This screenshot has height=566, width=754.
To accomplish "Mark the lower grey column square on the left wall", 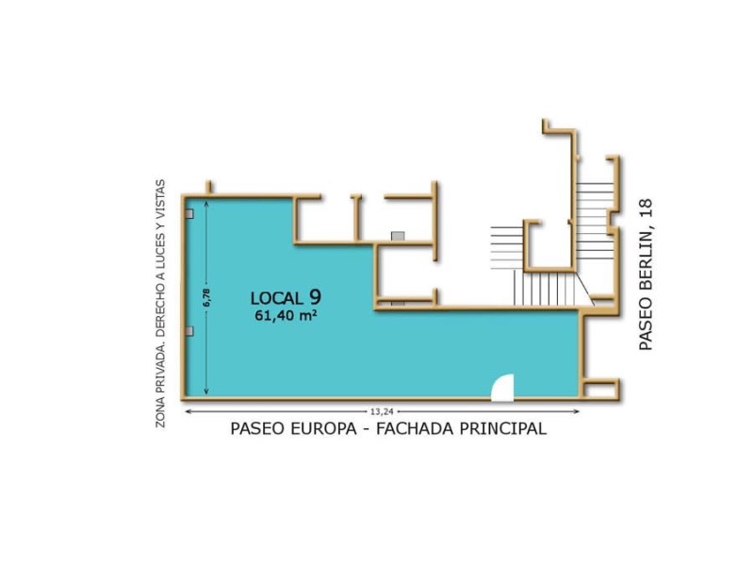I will click(x=190, y=331).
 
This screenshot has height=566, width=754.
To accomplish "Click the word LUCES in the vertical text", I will click(x=161, y=254).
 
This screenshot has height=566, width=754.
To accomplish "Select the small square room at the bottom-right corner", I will click(x=600, y=388).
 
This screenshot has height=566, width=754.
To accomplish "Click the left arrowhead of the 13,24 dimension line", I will click(x=188, y=411).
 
